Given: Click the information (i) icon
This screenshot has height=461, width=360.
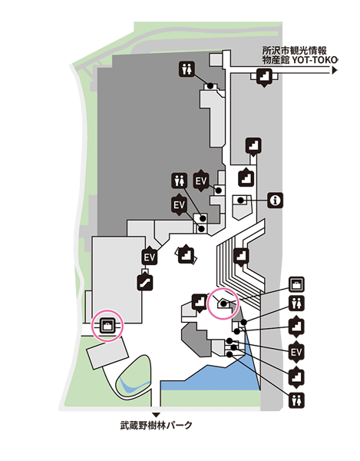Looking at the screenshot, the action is (x=275, y=201).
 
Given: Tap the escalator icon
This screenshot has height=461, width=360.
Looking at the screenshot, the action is (x=145, y=282).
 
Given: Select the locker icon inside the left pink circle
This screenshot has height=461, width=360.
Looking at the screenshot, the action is (x=107, y=326).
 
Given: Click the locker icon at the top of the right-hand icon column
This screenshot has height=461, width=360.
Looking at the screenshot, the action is (x=296, y=284).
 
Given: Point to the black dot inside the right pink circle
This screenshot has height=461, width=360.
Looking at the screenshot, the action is (x=223, y=303).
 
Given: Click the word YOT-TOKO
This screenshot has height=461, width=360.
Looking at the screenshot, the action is (x=314, y=60).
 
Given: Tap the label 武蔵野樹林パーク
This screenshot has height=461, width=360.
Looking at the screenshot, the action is (x=156, y=425).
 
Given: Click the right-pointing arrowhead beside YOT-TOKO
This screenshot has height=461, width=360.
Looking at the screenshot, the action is (x=335, y=71).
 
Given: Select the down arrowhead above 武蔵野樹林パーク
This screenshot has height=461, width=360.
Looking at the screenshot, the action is (x=157, y=415).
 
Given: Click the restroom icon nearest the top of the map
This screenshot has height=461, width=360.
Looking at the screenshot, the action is (x=187, y=69).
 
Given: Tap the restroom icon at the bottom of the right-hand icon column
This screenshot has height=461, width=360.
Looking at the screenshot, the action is (x=296, y=400).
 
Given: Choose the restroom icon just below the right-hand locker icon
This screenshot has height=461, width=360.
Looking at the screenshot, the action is (x=296, y=303).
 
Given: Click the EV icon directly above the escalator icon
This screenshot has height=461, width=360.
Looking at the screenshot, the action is (x=149, y=257).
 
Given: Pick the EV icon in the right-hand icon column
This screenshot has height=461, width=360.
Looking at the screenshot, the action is (x=296, y=352).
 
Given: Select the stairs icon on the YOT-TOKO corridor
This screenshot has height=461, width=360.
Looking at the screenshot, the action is (x=264, y=77).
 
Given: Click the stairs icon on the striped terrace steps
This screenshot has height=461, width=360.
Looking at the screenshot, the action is (x=241, y=257).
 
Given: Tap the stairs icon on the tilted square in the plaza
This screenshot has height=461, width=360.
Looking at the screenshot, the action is (x=187, y=254).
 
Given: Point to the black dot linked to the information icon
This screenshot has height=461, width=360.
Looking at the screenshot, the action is (x=241, y=201).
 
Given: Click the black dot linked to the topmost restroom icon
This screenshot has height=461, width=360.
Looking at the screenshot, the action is (x=210, y=85).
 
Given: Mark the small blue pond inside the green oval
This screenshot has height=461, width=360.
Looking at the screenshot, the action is (x=134, y=386).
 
